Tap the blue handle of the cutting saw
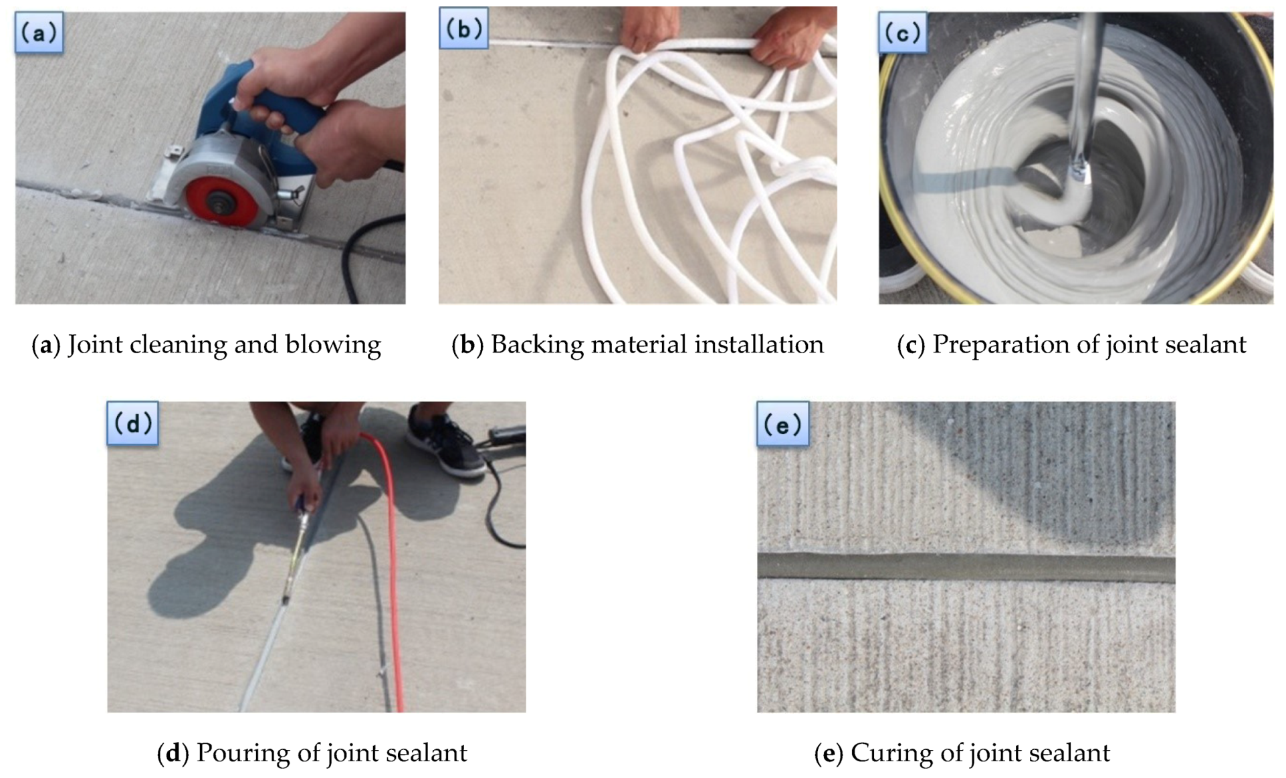point(281,114)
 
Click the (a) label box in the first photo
point(39,32)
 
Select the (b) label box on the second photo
point(463,28)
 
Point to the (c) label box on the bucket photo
point(902,32)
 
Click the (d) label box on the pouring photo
point(132,423)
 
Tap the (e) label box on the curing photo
point(782,423)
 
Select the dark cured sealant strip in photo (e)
point(966,567)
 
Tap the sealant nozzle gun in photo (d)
point(296,549)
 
